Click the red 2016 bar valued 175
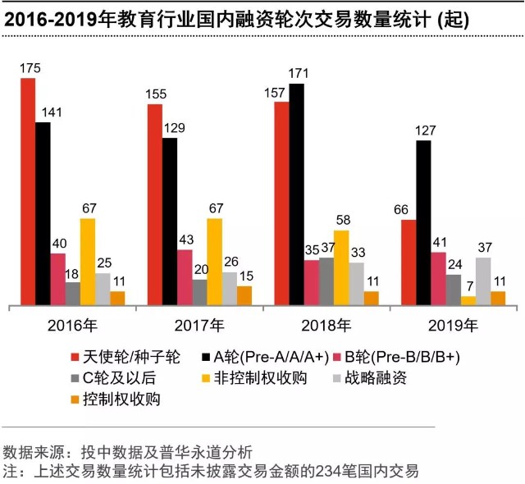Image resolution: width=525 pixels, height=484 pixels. [28, 191]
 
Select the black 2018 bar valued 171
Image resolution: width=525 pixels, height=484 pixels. [296, 194]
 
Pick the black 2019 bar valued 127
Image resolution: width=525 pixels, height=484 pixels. [423, 222]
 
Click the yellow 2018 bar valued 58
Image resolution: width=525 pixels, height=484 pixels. [341, 267]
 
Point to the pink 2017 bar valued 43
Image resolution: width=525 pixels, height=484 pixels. [185, 276]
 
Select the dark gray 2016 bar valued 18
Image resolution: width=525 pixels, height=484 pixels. [73, 293]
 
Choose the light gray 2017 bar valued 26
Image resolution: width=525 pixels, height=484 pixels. [230, 288]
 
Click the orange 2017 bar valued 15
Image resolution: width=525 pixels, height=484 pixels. [244, 295]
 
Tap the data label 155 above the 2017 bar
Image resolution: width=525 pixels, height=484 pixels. [155, 94]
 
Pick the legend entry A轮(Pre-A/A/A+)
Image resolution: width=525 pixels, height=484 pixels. [272, 357]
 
